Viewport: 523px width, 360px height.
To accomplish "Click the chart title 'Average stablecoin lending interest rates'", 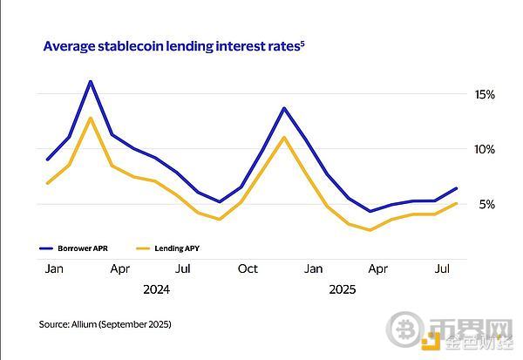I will tap(171, 44).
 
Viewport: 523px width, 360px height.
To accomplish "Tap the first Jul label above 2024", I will tap(183, 269).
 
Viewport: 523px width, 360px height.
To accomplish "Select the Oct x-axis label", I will tap(248, 269).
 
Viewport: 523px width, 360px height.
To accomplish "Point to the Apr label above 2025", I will tap(377, 269).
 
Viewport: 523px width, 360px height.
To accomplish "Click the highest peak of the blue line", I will tap(90, 81).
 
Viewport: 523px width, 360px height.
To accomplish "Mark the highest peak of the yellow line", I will tap(90, 118).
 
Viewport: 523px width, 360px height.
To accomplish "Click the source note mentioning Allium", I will tap(105, 324).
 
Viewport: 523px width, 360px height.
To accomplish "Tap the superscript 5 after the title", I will tap(302, 41).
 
